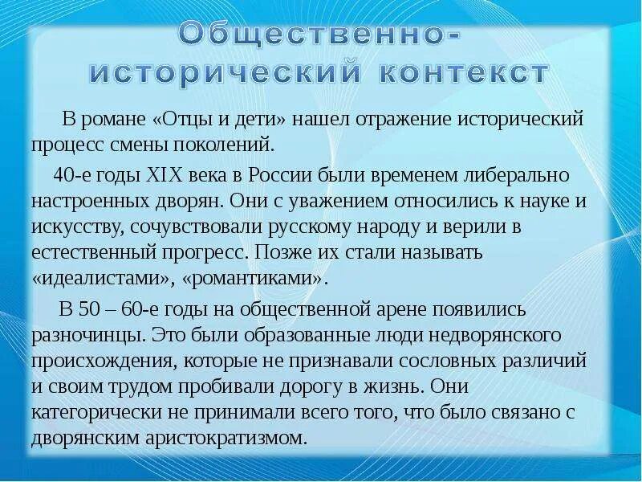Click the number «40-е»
[69, 174]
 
